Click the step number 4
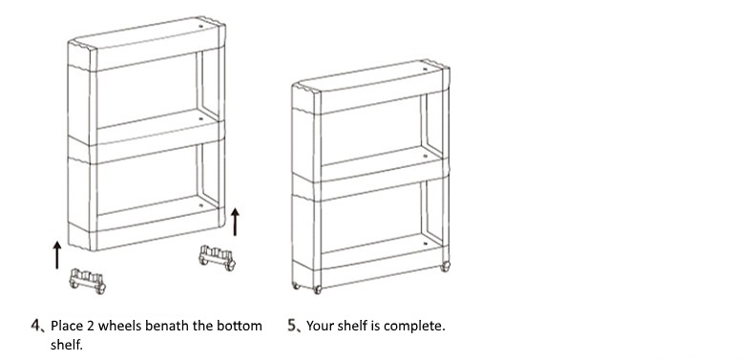pos(36,326)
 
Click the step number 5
pos(292,326)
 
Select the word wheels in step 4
pos(118,326)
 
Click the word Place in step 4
pos(67,326)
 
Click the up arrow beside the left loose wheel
pos(57,255)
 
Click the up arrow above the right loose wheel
pos(235,222)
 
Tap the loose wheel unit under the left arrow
pos(88,281)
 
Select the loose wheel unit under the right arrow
pos(218,258)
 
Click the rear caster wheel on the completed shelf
pos(446,265)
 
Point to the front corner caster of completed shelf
pos(317,289)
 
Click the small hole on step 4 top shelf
pos(201,26)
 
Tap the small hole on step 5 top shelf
pos(425,70)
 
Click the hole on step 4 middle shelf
pos(201,116)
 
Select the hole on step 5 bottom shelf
pos(425,244)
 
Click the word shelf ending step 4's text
pos(66,345)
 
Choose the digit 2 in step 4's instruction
pos(91,326)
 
